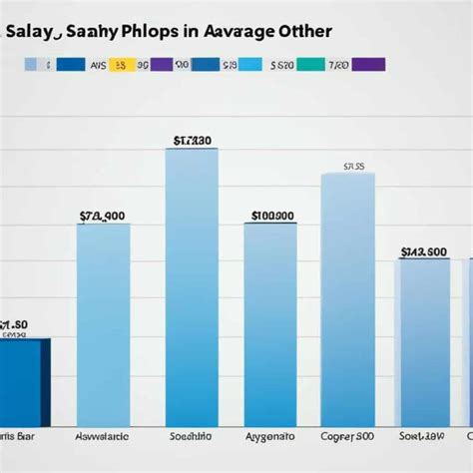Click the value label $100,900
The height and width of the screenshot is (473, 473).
[x=270, y=215]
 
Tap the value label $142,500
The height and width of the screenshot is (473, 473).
[x=423, y=251]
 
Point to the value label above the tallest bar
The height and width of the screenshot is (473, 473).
[x=191, y=141]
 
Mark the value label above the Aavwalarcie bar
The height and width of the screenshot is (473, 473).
[x=102, y=215]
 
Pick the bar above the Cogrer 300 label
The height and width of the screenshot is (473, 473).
[x=348, y=299]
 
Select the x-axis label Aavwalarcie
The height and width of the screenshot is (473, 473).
[x=103, y=436]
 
